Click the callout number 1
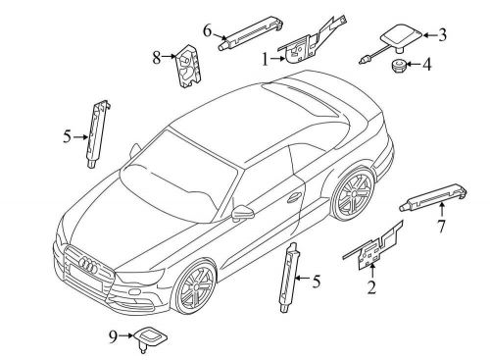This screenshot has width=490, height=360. (x=266, y=60)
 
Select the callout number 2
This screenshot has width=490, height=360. (x=371, y=287)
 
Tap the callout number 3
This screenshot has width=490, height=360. (x=442, y=35)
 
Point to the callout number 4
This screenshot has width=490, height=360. (x=426, y=64)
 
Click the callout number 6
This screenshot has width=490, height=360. (x=208, y=31)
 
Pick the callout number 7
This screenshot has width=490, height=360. (x=442, y=227)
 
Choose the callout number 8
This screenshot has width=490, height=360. (x=157, y=58)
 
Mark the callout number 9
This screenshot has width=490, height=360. (x=113, y=336)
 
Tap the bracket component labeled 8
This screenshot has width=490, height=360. (x=188, y=66)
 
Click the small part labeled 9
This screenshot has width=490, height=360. (x=150, y=337)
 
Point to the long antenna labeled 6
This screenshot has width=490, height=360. (x=250, y=32)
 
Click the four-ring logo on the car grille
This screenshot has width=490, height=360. (x=88, y=265)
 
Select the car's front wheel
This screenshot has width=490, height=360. (x=194, y=285)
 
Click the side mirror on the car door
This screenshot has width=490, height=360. (x=241, y=213)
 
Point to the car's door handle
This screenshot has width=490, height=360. (x=294, y=197)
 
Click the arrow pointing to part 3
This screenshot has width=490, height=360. (x=430, y=35)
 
